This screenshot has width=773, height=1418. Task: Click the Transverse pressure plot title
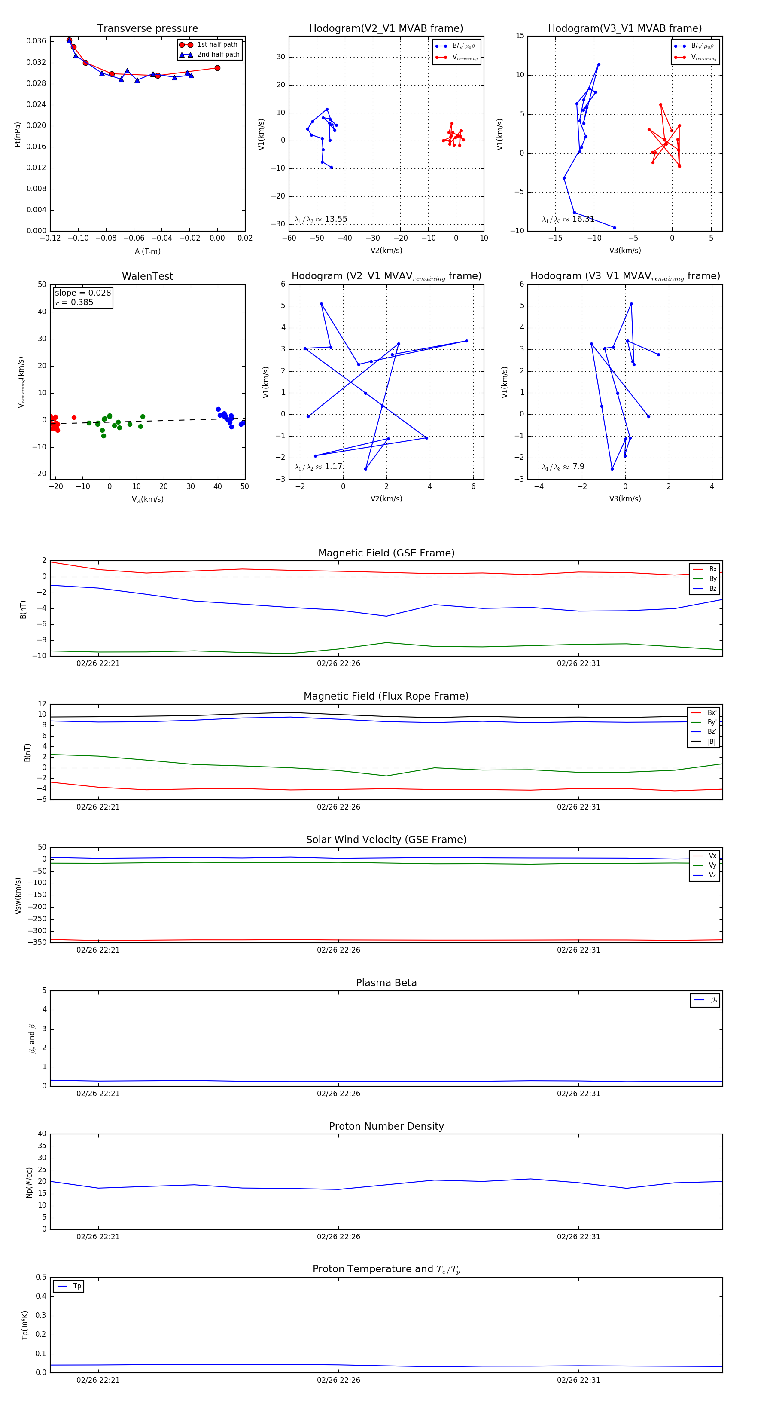(147, 29)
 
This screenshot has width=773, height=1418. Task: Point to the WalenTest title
(147, 276)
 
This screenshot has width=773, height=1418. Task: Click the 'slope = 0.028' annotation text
(82, 293)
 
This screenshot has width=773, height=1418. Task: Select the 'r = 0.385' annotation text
(74, 302)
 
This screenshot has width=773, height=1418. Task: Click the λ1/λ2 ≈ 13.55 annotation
(321, 219)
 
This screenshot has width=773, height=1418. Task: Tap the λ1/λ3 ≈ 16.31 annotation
(568, 219)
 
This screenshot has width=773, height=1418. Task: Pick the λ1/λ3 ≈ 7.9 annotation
(563, 467)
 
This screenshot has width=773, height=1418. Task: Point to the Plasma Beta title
(386, 983)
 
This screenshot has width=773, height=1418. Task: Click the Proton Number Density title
(386, 1126)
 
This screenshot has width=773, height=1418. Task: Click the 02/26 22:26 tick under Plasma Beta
(338, 1093)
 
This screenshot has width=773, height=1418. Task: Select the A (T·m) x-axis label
(147, 251)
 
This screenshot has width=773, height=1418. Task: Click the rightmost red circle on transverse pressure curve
(217, 68)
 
